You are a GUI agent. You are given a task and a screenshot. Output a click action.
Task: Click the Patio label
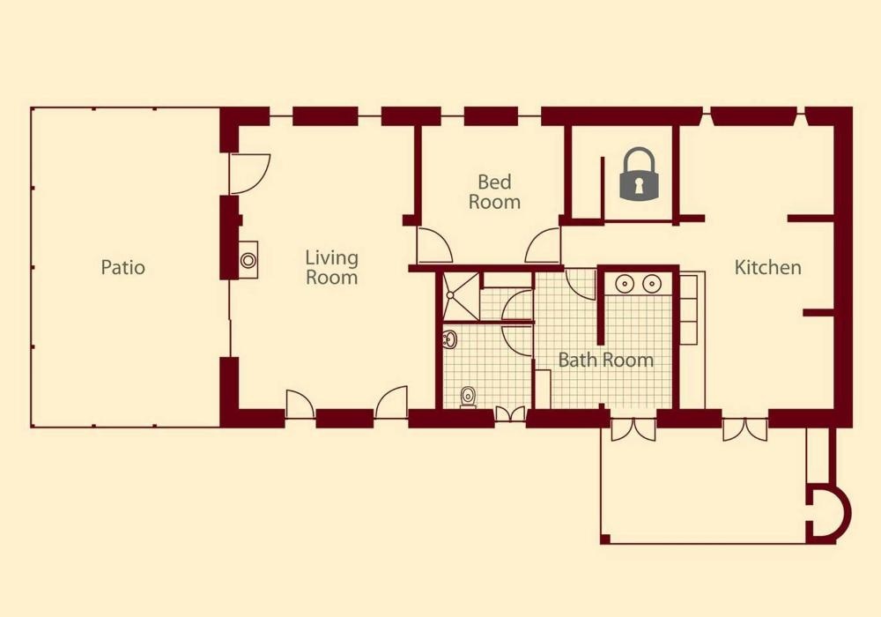coord(123,267)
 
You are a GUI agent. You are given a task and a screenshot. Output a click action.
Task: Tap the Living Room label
coord(331,267)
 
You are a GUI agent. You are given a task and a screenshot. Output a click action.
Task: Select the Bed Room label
coord(494,191)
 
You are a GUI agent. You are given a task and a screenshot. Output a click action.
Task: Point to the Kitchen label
coord(767,267)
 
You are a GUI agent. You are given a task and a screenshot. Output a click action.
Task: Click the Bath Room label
coord(606,360)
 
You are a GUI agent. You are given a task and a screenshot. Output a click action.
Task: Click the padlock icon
coord(638,174)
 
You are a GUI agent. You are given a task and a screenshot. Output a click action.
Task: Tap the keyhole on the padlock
coord(639,186)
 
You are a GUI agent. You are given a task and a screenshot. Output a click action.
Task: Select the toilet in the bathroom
coord(468,398)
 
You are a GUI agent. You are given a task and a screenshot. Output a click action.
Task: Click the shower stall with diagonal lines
coord(461,295)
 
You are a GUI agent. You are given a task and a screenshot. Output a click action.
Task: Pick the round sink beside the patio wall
coord(248,260)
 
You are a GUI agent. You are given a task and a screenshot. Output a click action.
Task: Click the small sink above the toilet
coord(449,339)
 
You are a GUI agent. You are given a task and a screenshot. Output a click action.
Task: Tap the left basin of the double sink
coord(625,284)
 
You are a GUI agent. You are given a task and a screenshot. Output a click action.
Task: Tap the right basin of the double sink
coord(651,284)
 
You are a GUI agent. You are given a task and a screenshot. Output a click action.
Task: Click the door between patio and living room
coord(250,175)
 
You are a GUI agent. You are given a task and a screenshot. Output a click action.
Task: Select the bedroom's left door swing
coord(434,245)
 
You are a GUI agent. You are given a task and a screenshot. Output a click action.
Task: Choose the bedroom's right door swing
coord(543,246)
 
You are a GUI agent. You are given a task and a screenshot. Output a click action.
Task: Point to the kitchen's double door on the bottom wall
coord(745,429)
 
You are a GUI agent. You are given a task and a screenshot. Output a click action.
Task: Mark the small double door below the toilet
coord(510,414)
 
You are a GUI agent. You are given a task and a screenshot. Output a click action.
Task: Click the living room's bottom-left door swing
coord(300,404)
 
